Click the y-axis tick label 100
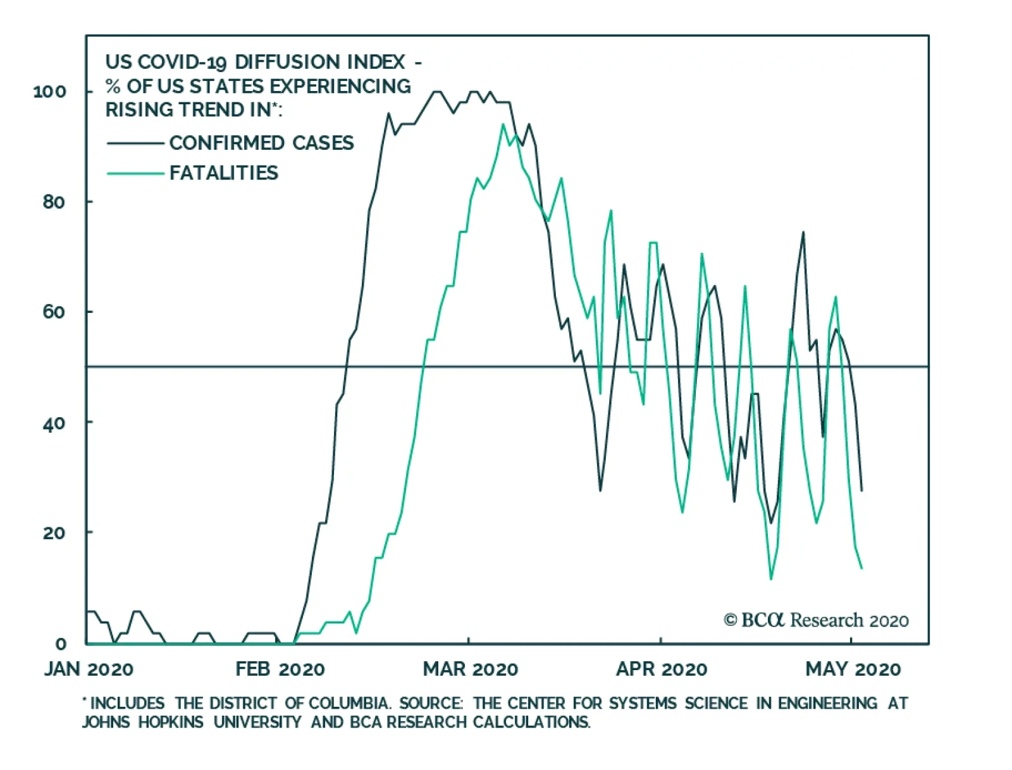pyautogui.click(x=49, y=92)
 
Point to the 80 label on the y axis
pyautogui.click(x=54, y=202)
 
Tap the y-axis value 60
pyautogui.click(x=54, y=312)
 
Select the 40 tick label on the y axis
pyautogui.click(x=54, y=423)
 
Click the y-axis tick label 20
pyautogui.click(x=54, y=533)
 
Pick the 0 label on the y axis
pyautogui.click(x=61, y=644)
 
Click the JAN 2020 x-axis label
pyautogui.click(x=89, y=669)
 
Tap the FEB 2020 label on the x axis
pyautogui.click(x=280, y=669)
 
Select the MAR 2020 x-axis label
pyautogui.click(x=471, y=669)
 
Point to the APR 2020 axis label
pyautogui.click(x=662, y=669)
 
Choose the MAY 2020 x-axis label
pyautogui.click(x=853, y=669)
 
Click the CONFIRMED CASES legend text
pyautogui.click(x=261, y=143)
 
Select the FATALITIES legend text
pyautogui.click(x=224, y=173)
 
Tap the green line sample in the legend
pyautogui.click(x=135, y=173)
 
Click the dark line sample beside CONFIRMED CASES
pyautogui.click(x=135, y=144)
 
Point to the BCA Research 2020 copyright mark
pyautogui.click(x=816, y=620)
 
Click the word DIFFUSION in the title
pyautogui.click(x=288, y=62)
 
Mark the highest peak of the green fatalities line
pyautogui.click(x=503, y=125)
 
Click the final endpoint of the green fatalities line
pyautogui.click(x=861, y=568)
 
